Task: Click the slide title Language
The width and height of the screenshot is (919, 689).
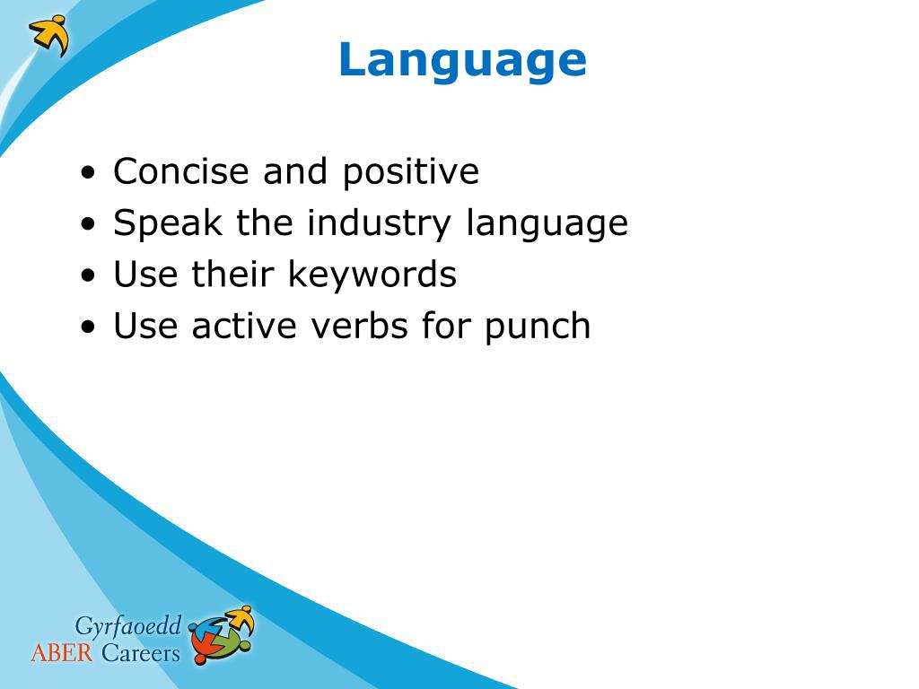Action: [462, 61]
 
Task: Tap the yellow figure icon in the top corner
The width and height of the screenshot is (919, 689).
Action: [49, 36]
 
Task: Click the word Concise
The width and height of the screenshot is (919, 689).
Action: [181, 171]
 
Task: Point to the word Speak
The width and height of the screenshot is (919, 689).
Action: [168, 224]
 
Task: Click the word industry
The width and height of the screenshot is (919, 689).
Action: [379, 224]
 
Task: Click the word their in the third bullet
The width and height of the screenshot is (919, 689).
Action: [232, 274]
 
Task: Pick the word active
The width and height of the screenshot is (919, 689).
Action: [244, 326]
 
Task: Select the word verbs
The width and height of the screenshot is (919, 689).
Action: [359, 326]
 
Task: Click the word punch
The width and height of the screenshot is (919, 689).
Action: [538, 327]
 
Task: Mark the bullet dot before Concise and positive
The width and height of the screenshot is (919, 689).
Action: [88, 173]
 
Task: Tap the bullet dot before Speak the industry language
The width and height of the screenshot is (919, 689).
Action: [88, 224]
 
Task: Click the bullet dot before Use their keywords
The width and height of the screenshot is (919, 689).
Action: [88, 276]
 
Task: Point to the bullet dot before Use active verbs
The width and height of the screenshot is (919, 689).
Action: [88, 327]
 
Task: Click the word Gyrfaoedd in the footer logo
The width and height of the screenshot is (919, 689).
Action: [128, 627]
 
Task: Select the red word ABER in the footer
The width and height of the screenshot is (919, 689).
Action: [62, 653]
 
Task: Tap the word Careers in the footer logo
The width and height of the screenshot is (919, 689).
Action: [141, 653]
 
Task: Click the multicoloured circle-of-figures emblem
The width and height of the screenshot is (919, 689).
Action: [222, 635]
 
